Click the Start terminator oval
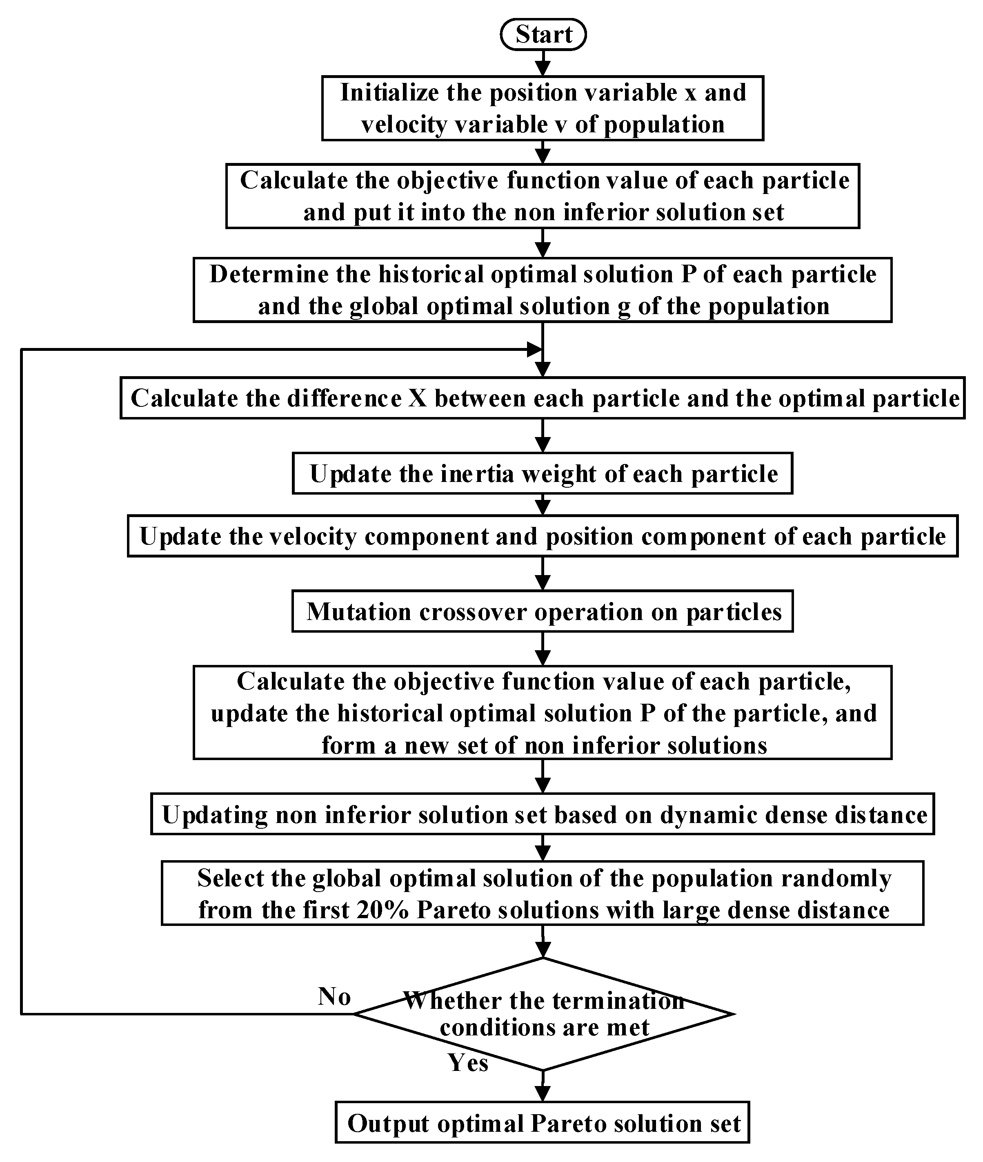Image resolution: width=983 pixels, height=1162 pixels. point(543,35)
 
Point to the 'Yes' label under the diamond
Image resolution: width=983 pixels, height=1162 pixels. point(468,1063)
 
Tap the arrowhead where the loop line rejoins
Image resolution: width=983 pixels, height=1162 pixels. point(534,350)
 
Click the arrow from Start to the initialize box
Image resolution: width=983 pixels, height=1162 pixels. point(543,63)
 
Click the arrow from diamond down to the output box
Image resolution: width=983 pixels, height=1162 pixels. point(543,1086)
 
